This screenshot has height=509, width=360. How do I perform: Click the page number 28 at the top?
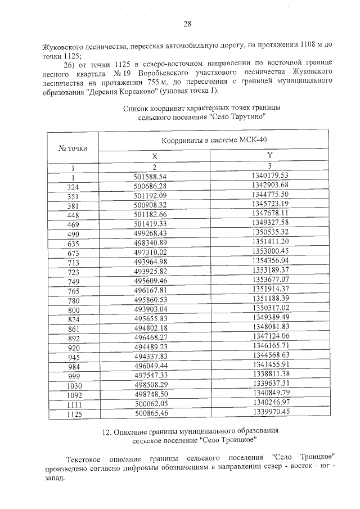[187, 24]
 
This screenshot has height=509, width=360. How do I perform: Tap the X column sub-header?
[154, 157]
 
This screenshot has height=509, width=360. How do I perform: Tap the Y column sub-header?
[269, 156]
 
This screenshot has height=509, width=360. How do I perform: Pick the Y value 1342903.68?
[269, 185]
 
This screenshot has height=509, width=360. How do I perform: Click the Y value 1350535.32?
[269, 232]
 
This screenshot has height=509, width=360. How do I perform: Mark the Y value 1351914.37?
[269, 289]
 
